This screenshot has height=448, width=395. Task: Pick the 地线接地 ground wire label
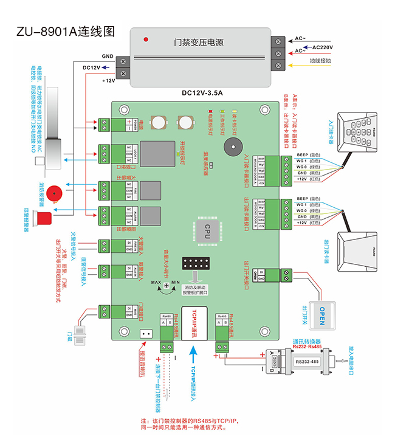320,61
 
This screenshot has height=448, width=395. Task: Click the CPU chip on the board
207,231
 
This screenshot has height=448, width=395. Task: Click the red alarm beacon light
44,217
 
